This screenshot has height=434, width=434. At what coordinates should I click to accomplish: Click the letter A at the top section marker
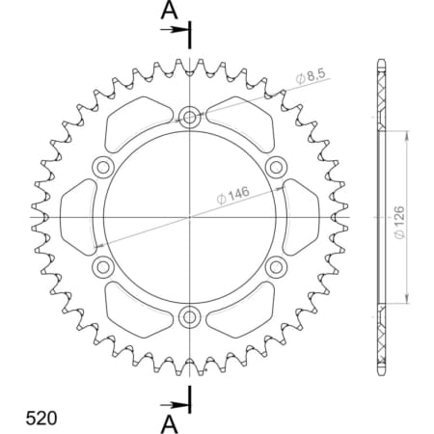coord(169,11)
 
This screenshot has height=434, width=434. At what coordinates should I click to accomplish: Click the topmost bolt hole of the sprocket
coord(190,118)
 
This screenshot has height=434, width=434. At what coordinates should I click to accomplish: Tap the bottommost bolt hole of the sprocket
coord(190,315)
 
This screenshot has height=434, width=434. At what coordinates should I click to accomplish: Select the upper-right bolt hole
coord(276,167)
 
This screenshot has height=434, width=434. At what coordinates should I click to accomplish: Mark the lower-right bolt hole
coord(276,265)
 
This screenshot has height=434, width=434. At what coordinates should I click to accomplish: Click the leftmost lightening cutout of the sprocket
coord(77,216)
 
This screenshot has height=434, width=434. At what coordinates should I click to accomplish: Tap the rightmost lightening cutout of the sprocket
coord(303,216)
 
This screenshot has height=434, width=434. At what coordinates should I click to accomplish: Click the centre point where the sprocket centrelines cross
coord(190,216)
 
